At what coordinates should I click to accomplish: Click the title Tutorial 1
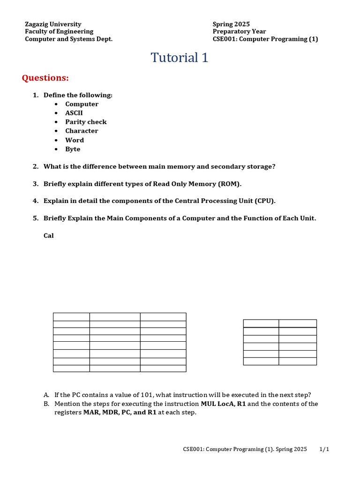pos(179,58)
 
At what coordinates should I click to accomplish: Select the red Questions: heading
pos(45,78)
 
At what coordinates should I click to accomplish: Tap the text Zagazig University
pos(53,24)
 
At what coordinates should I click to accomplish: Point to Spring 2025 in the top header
pos(231,24)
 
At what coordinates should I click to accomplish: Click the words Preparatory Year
pos(239,31)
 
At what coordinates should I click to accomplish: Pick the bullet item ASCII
pos(74,113)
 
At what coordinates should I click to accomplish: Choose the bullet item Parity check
pos(86,122)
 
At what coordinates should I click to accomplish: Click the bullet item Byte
pos(73,149)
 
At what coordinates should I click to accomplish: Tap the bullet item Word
pos(75,140)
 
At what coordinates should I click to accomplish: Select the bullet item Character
pos(82,131)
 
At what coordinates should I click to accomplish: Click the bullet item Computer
pos(82,104)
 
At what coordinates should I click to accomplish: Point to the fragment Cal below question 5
pos(49,236)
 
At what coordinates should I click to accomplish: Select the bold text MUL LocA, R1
pos(223,404)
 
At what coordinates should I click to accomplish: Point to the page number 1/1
pos(324,449)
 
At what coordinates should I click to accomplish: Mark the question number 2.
pos(35,166)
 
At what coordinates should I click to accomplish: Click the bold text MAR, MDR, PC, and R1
pos(120,412)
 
